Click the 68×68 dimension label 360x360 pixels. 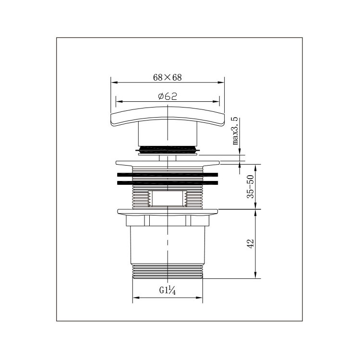[x=168, y=77]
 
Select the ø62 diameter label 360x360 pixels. [x=168, y=96]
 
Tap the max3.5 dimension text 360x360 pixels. [x=235, y=131]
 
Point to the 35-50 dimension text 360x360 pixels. [x=251, y=187]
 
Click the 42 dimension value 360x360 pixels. [x=251, y=243]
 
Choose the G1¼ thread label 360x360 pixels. [x=168, y=290]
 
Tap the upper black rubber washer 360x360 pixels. [x=168, y=175]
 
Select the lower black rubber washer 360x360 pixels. [x=168, y=183]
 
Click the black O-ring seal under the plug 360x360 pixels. [x=168, y=149]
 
